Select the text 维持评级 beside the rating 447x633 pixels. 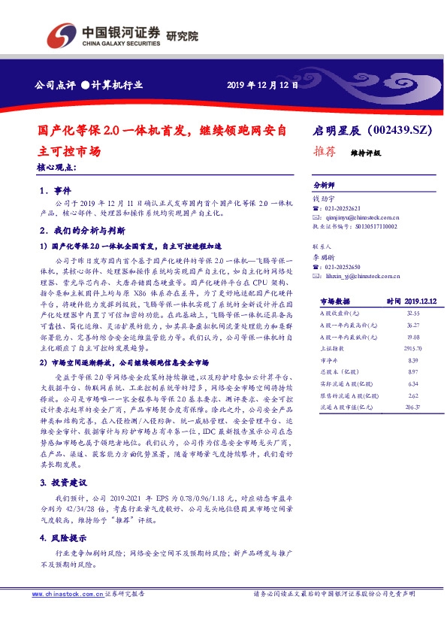coord(366,152)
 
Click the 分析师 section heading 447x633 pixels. coord(324,184)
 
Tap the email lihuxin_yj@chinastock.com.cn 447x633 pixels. coord(358,276)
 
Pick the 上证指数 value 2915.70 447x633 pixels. coord(410,350)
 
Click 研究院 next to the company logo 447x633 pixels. coord(182,35)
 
